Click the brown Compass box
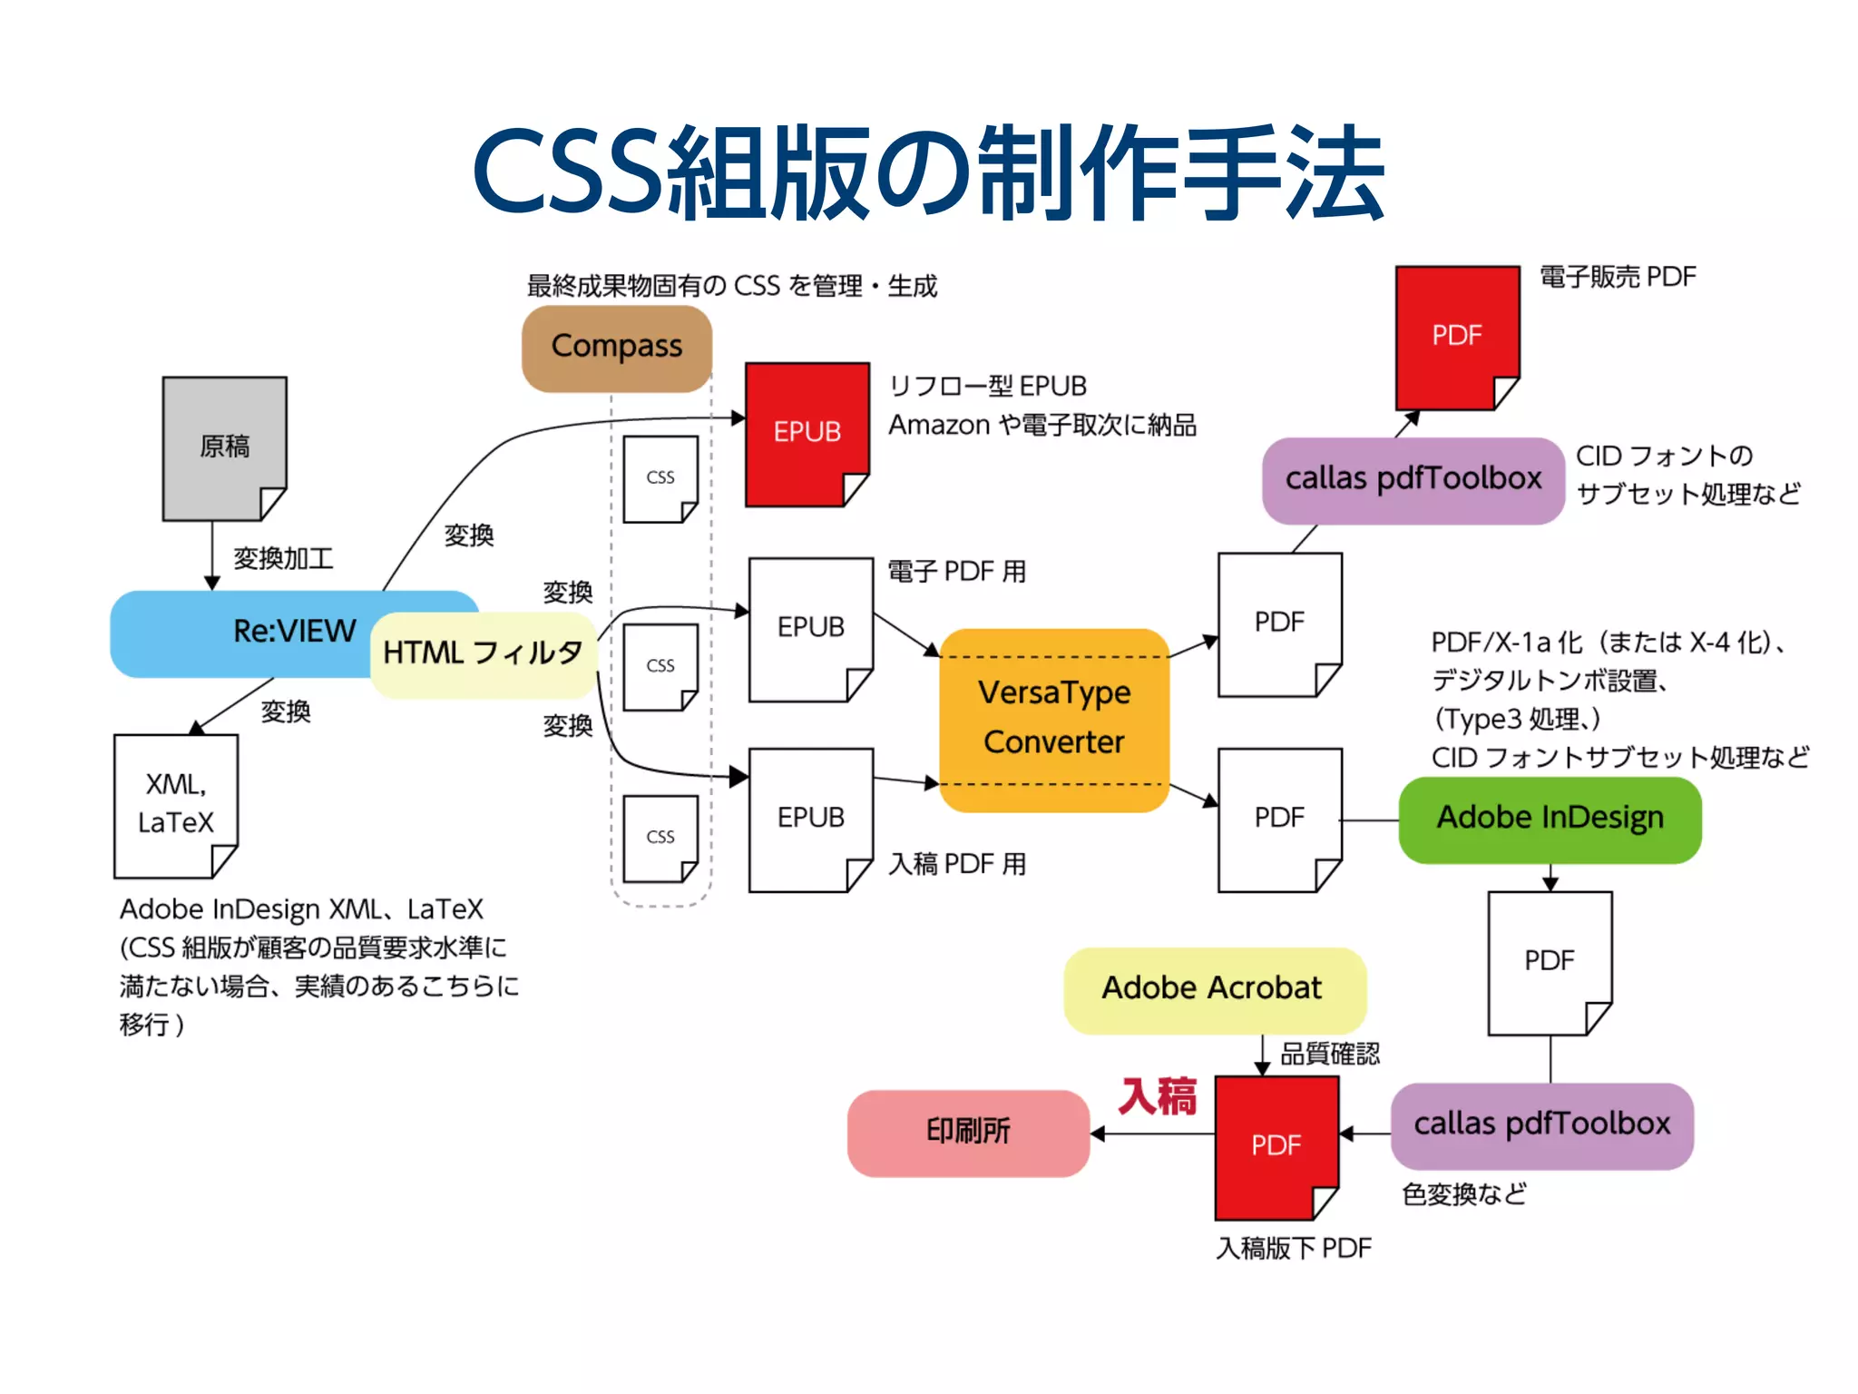click(x=617, y=348)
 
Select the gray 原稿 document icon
click(x=224, y=447)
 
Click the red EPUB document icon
click(x=807, y=433)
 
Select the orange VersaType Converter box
click(x=1054, y=719)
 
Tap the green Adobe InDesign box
click(x=1550, y=819)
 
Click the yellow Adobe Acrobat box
click(x=1213, y=988)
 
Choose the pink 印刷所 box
click(x=968, y=1132)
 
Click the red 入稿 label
click(x=1158, y=1095)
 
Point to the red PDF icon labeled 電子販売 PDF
click(x=1456, y=336)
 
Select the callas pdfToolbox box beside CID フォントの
click(x=1413, y=479)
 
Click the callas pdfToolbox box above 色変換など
click(x=1541, y=1124)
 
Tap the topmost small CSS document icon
click(x=660, y=478)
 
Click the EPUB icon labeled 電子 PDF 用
click(x=810, y=628)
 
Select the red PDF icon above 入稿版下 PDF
click(x=1276, y=1146)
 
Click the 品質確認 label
click(x=1329, y=1054)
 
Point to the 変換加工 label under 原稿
click(x=283, y=558)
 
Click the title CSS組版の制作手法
click(x=928, y=172)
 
